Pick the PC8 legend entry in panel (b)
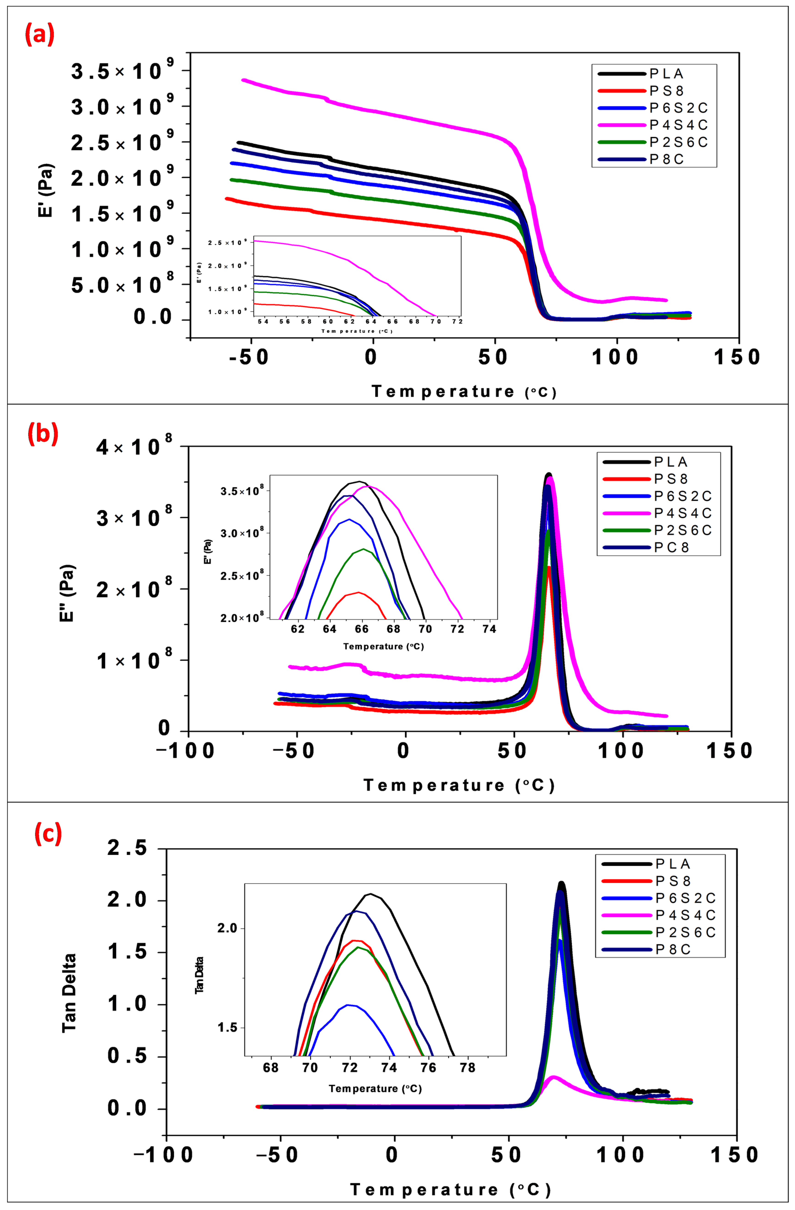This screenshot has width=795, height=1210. [x=671, y=547]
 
